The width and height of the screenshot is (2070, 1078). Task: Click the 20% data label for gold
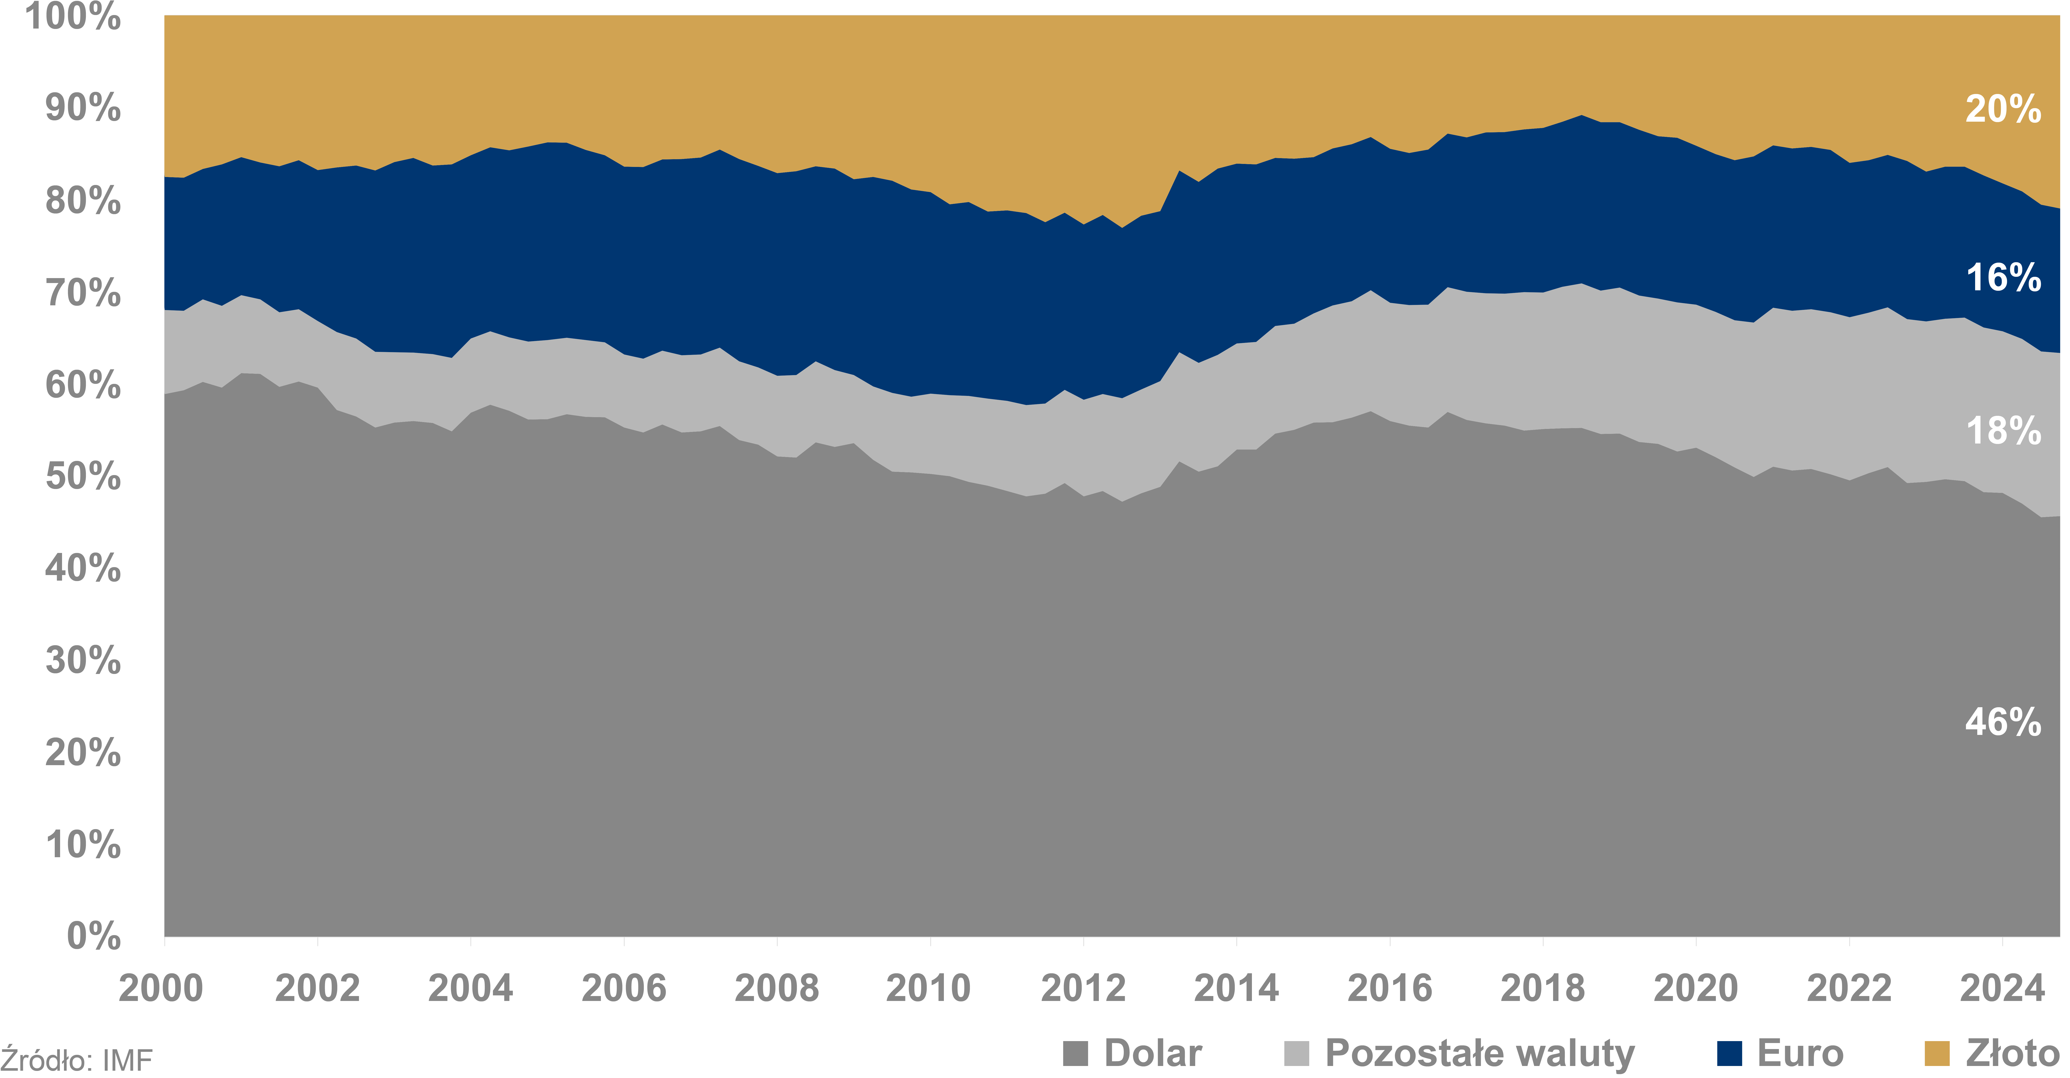tap(2003, 109)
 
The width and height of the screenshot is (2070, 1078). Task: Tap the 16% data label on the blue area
tap(2003, 278)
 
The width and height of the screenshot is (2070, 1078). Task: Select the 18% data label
tap(2003, 431)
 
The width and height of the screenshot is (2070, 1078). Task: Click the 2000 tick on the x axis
tap(161, 988)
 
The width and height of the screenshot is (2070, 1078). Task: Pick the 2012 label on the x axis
tap(1082, 988)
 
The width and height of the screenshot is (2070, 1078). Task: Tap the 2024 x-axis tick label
tap(2002, 988)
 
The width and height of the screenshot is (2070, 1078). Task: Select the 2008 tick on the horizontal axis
tap(776, 988)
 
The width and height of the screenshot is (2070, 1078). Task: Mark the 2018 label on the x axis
tap(1542, 988)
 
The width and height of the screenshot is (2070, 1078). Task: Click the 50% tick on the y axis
tap(83, 476)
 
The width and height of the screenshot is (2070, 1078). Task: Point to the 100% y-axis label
tap(72, 16)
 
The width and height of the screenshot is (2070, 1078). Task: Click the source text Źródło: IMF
tap(76, 1060)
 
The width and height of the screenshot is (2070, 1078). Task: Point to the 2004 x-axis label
tap(470, 988)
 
